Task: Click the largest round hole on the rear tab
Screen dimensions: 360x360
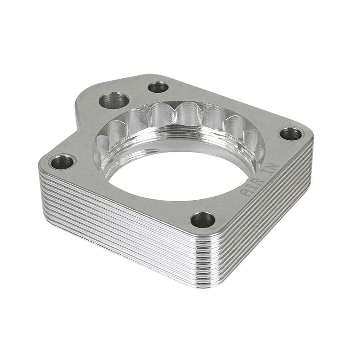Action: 114,100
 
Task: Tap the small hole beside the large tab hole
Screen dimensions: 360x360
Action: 158,87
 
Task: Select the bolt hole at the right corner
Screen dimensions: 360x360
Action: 291,133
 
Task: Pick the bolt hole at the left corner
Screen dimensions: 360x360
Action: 62,162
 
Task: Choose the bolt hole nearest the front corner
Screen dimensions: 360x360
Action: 202,220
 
